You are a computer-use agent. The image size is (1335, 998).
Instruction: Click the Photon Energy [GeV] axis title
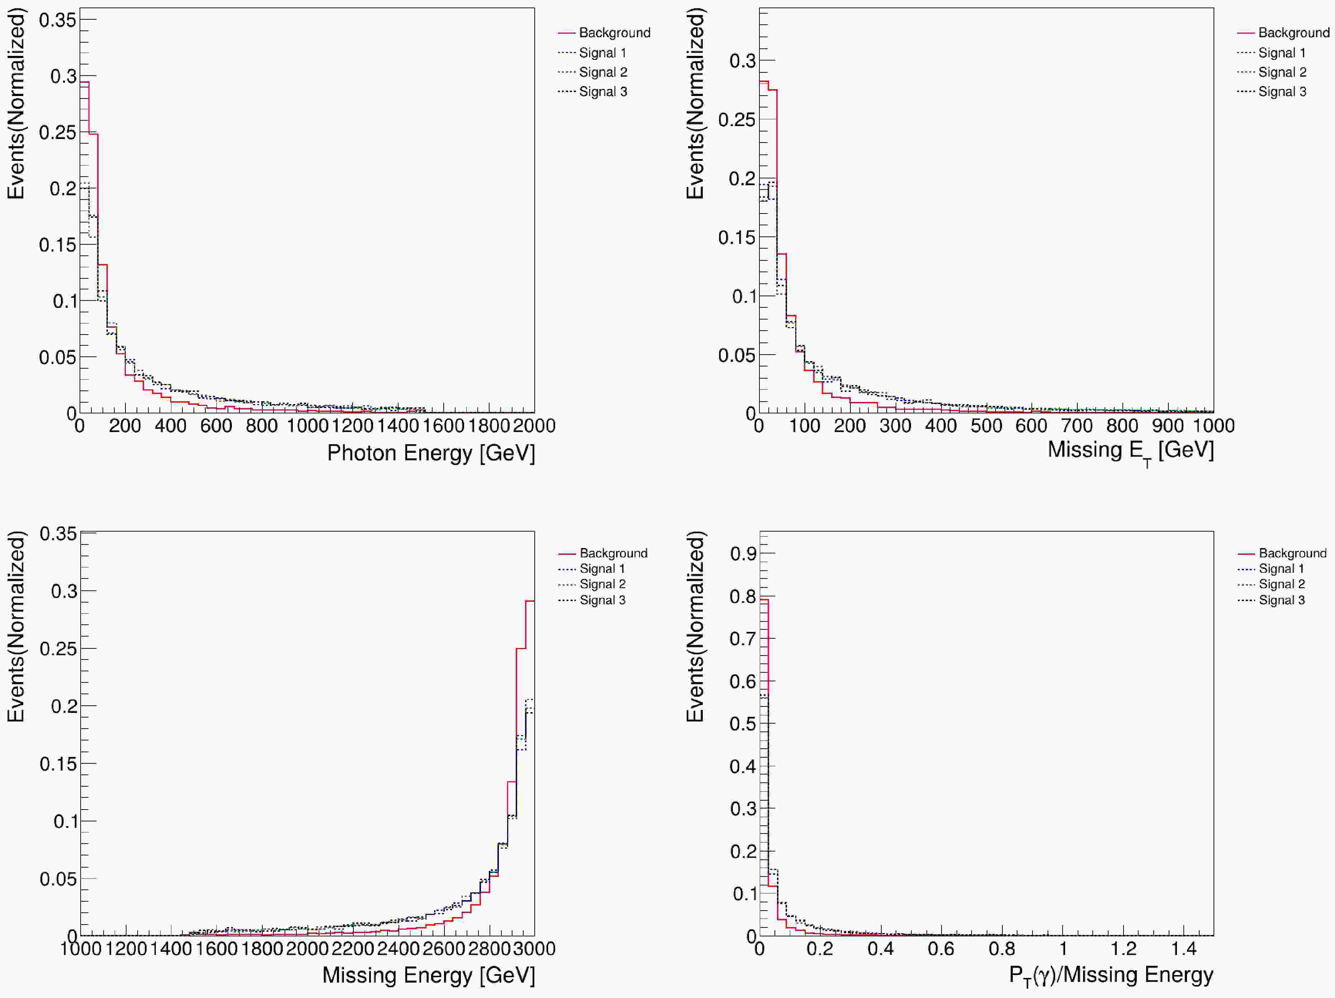coord(430,453)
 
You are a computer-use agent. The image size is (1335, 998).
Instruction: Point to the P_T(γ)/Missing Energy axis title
coord(1111,975)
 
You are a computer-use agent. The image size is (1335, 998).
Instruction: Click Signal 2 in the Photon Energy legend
coord(602,72)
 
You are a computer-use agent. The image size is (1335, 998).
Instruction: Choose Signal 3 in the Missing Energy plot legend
coord(602,600)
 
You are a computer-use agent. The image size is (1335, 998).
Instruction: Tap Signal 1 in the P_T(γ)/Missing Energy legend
coord(1281,568)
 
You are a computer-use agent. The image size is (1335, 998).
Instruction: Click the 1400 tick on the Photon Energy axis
coord(398,426)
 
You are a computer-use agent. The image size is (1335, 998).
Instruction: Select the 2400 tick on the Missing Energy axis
coord(398,949)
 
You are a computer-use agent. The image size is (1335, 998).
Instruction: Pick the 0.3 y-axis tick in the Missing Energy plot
coord(64,591)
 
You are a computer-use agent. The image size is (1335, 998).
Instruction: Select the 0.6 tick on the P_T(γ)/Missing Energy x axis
coord(941,949)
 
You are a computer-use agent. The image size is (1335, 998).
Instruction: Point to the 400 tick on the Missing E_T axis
coord(940,426)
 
